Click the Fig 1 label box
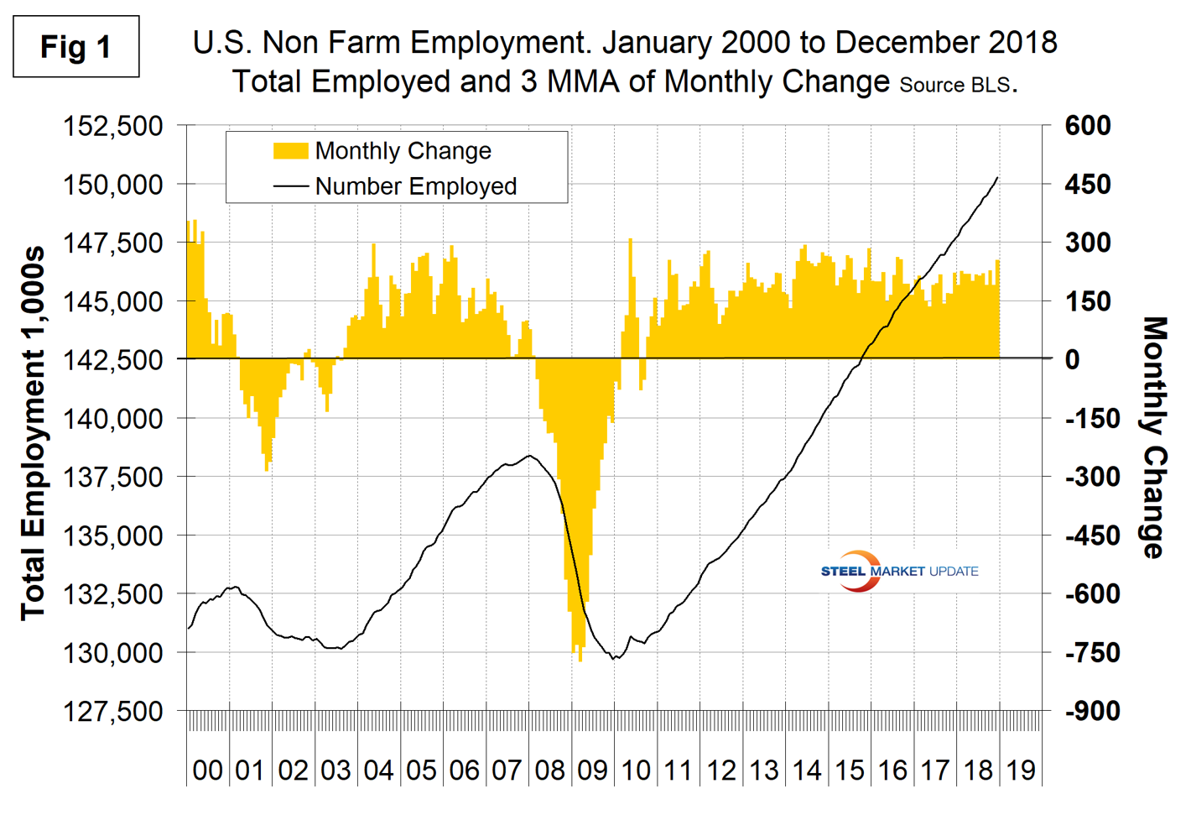click(75, 47)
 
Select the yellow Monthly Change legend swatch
click(290, 151)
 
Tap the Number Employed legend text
click(415, 186)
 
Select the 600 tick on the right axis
click(1088, 126)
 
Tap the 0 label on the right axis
click(1072, 359)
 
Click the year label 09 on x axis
click(592, 770)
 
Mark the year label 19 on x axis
click(1021, 770)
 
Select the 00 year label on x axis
click(207, 770)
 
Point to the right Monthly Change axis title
click(1156, 436)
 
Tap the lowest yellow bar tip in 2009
click(580, 661)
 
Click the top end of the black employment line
click(997, 177)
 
